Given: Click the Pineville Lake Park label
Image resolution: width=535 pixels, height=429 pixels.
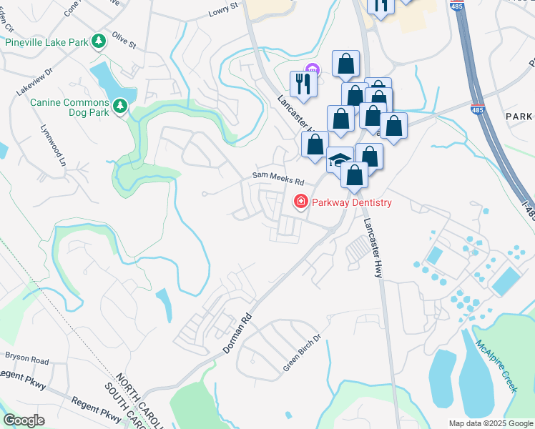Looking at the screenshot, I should click(x=46, y=42).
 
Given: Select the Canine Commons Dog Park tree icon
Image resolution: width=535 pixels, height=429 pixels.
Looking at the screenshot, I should click(x=121, y=107).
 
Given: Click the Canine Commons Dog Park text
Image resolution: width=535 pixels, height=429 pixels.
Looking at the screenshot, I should click(x=69, y=107).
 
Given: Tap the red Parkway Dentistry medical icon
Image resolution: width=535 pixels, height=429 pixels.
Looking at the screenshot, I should click(x=300, y=202).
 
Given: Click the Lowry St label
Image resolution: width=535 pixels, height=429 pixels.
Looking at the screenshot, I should click(x=222, y=10).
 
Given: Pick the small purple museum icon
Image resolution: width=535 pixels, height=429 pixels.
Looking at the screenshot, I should click(x=312, y=69).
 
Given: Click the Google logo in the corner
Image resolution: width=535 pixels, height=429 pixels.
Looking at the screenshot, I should click(x=24, y=420).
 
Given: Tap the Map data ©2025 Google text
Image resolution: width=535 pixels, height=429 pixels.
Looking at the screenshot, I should click(x=490, y=423).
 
